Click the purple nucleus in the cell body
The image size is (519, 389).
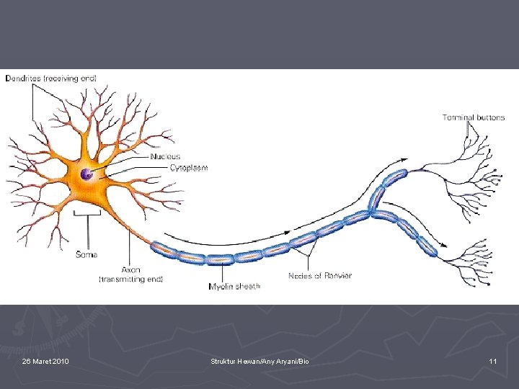[87, 174]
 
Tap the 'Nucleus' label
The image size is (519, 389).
[165, 156]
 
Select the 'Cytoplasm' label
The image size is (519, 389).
[189, 168]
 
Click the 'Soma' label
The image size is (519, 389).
[87, 254]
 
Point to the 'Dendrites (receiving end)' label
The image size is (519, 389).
[51, 78]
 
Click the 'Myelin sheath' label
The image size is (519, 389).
[234, 286]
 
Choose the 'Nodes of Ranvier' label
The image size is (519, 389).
[320, 275]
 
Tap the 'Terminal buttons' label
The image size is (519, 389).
[474, 117]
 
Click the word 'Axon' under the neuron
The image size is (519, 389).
[131, 269]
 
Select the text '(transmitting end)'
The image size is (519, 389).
[131, 279]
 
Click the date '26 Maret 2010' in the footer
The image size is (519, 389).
[45, 361]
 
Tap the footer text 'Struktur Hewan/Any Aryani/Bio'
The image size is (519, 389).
[259, 361]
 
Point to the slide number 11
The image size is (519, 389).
[492, 361]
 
